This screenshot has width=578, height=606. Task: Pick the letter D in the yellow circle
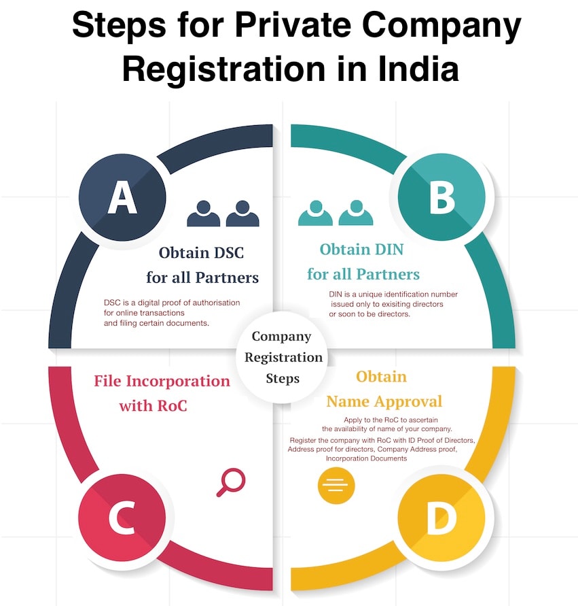(441, 520)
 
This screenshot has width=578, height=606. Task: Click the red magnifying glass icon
(230, 482)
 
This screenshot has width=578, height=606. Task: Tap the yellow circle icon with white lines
(336, 485)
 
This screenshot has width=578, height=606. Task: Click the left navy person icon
(203, 214)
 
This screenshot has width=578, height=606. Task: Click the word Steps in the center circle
(283, 378)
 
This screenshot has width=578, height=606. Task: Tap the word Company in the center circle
(281, 336)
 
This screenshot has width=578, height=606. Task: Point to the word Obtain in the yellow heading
(382, 376)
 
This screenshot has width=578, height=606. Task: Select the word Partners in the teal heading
(388, 275)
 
